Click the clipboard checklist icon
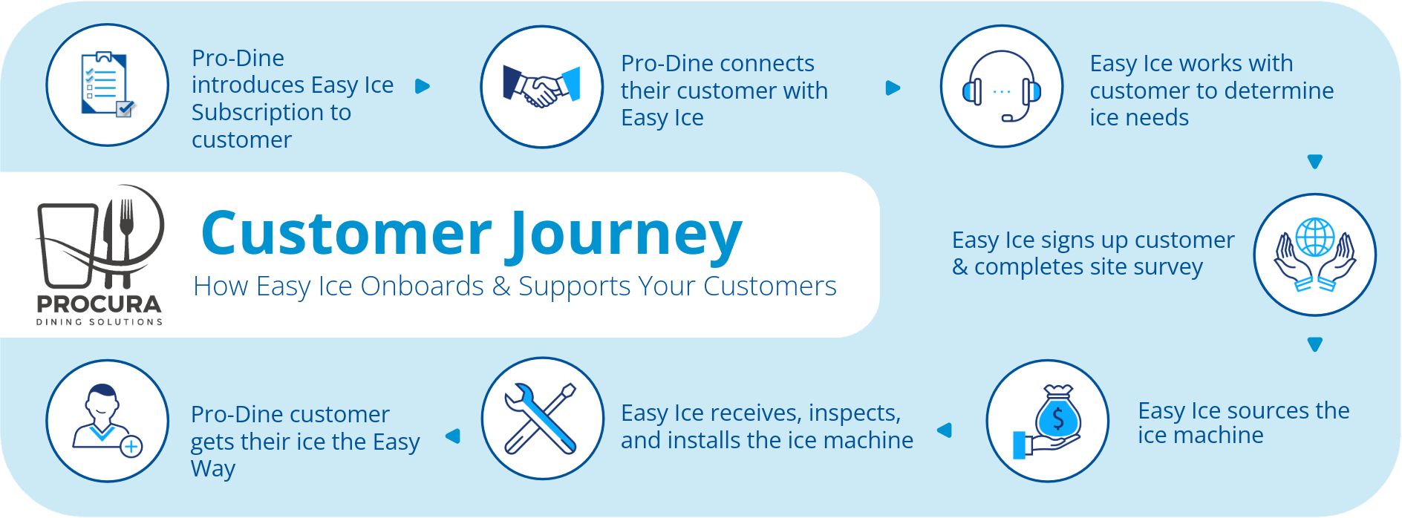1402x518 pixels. click(107, 85)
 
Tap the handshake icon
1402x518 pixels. click(542, 88)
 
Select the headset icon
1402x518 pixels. click(1002, 87)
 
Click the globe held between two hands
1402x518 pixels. click(1315, 237)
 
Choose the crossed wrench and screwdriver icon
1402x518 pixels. click(542, 419)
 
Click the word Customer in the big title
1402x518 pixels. click(346, 233)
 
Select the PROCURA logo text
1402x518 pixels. click(100, 304)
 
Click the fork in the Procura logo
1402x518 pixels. click(126, 223)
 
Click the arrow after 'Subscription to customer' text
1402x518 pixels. click(423, 86)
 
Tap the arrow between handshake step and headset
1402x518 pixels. click(893, 88)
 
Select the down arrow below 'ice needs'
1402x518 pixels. click(1314, 161)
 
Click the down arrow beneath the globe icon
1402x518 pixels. click(1314, 344)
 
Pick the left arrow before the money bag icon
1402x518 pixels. click(945, 430)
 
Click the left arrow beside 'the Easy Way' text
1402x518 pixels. click(453, 436)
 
